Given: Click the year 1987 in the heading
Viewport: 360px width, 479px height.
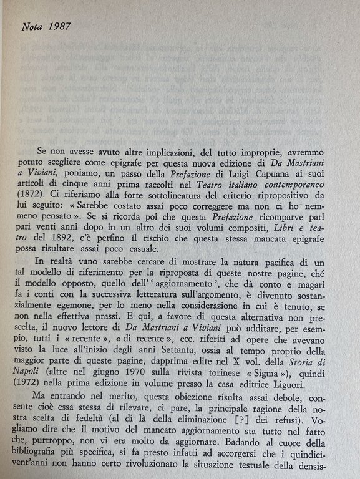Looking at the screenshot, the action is pos(59,27).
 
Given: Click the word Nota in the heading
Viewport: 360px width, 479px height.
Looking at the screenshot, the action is pos(31,27).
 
